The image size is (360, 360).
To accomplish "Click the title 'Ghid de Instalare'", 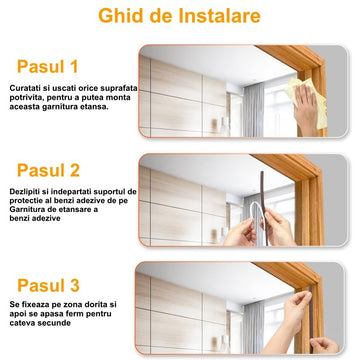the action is pos(179,16).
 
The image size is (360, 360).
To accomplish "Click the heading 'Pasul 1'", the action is pos(47,66).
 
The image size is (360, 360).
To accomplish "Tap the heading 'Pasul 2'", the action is pos(48,170).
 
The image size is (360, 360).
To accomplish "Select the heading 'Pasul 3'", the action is pos(48,285).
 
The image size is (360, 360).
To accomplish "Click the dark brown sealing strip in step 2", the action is pos(264,207).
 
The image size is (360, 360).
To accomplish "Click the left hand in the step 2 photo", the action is pos(240,232).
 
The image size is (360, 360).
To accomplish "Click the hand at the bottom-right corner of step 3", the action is pos(323,345).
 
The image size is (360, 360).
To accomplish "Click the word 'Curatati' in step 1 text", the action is pos(23,88).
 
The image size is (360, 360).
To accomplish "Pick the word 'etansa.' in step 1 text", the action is pos(96,107).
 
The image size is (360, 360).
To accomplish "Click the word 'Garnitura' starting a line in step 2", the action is pos(25,210).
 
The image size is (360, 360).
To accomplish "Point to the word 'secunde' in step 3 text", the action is pos(57,323).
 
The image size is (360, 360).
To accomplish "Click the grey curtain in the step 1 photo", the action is pos(254,110).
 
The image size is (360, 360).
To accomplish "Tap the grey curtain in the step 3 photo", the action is pos(254,327).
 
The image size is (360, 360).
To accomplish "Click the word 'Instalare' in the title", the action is pos(220,16).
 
